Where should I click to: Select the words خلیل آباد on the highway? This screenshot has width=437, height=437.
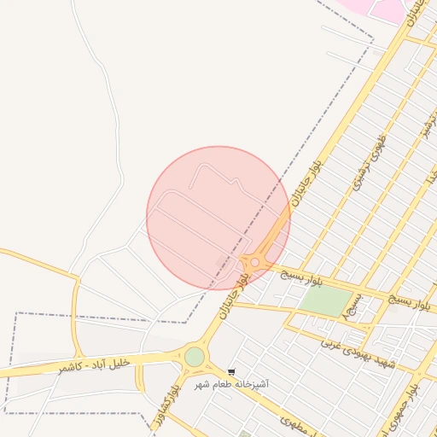(112, 363)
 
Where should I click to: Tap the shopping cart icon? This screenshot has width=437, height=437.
(232, 373)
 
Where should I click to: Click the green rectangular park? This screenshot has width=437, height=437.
(325, 300)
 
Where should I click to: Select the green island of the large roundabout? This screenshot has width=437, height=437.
(195, 356)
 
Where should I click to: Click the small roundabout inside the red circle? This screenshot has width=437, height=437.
(254, 262)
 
